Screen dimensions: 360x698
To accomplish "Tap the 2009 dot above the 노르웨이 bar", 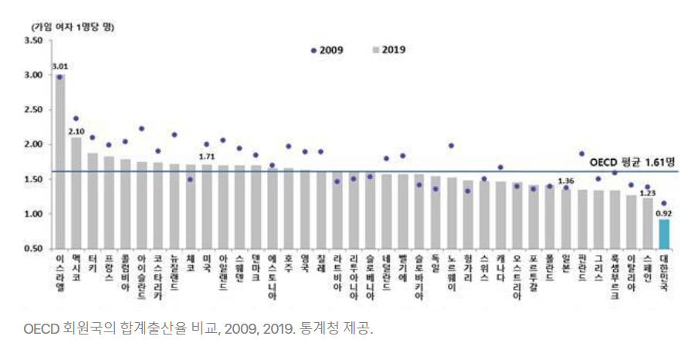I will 452,145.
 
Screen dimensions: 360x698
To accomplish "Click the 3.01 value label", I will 59,67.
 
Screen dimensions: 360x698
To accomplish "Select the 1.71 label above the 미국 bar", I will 206,157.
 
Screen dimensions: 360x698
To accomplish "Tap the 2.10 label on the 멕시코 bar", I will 76,131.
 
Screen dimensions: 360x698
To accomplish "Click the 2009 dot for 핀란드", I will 581,154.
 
